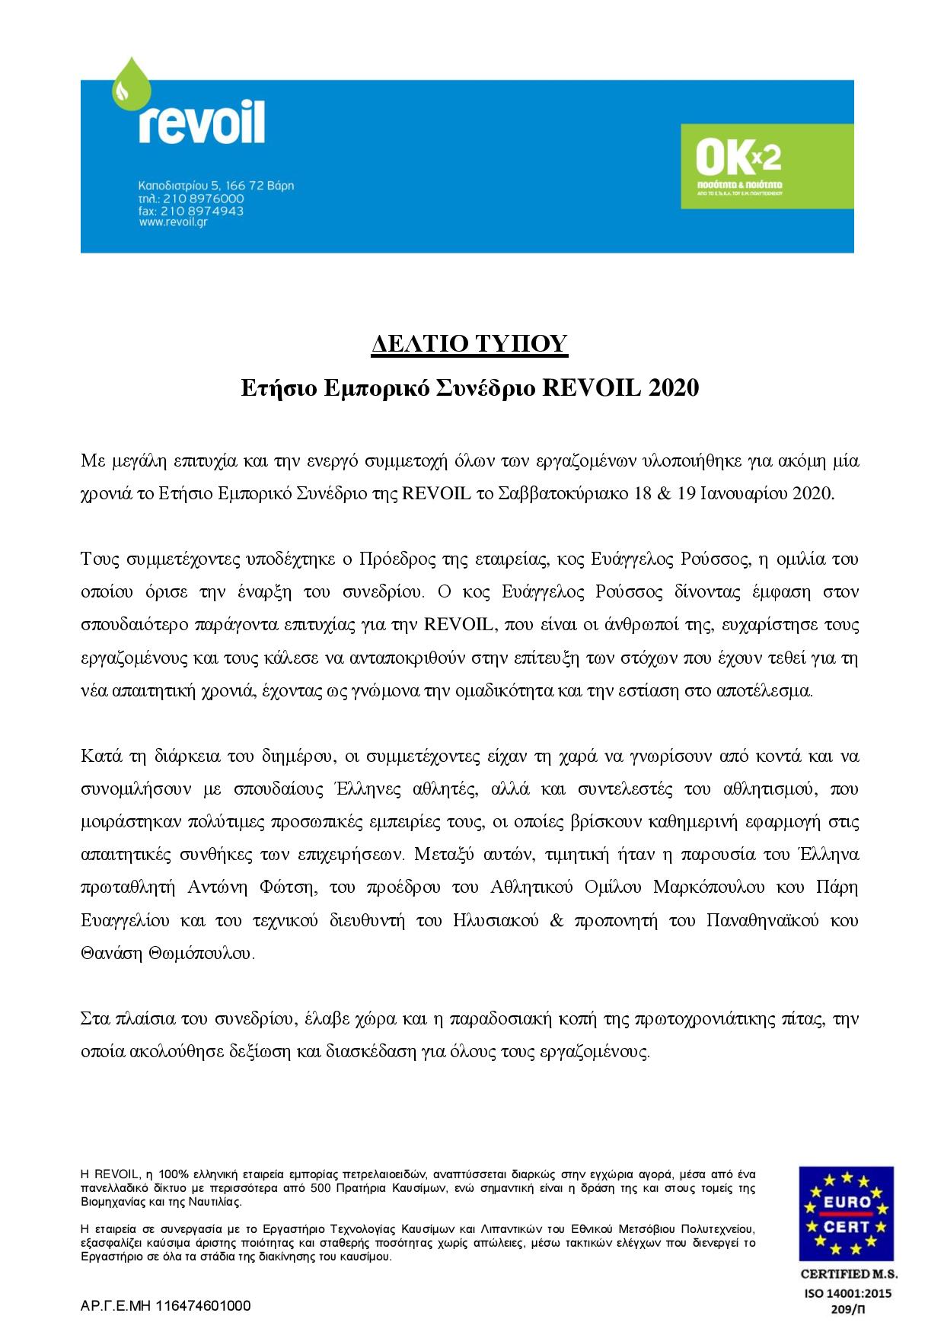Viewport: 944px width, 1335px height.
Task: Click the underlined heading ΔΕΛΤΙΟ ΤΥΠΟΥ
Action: point(470,345)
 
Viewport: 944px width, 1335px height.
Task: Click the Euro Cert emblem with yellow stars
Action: point(846,1213)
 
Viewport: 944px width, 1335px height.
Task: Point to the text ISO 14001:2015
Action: point(846,1293)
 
